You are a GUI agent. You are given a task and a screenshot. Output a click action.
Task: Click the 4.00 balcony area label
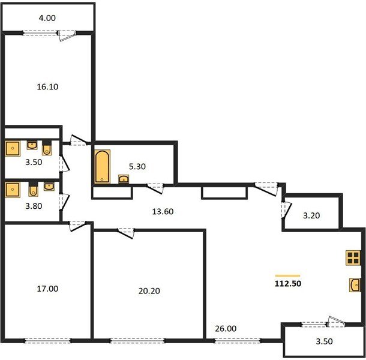click(x=47, y=18)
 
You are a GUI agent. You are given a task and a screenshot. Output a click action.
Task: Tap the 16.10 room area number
click(x=47, y=86)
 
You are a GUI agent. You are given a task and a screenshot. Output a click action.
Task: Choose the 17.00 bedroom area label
click(x=47, y=289)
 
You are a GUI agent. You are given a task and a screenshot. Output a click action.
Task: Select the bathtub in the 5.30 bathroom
click(x=102, y=167)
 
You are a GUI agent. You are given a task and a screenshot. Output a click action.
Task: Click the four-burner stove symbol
click(x=352, y=258)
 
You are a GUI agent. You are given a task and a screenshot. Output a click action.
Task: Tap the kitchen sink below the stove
click(x=353, y=284)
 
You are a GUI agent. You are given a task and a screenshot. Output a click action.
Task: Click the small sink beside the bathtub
click(x=124, y=178)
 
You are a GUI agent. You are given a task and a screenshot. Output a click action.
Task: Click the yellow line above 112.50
click(x=287, y=275)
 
